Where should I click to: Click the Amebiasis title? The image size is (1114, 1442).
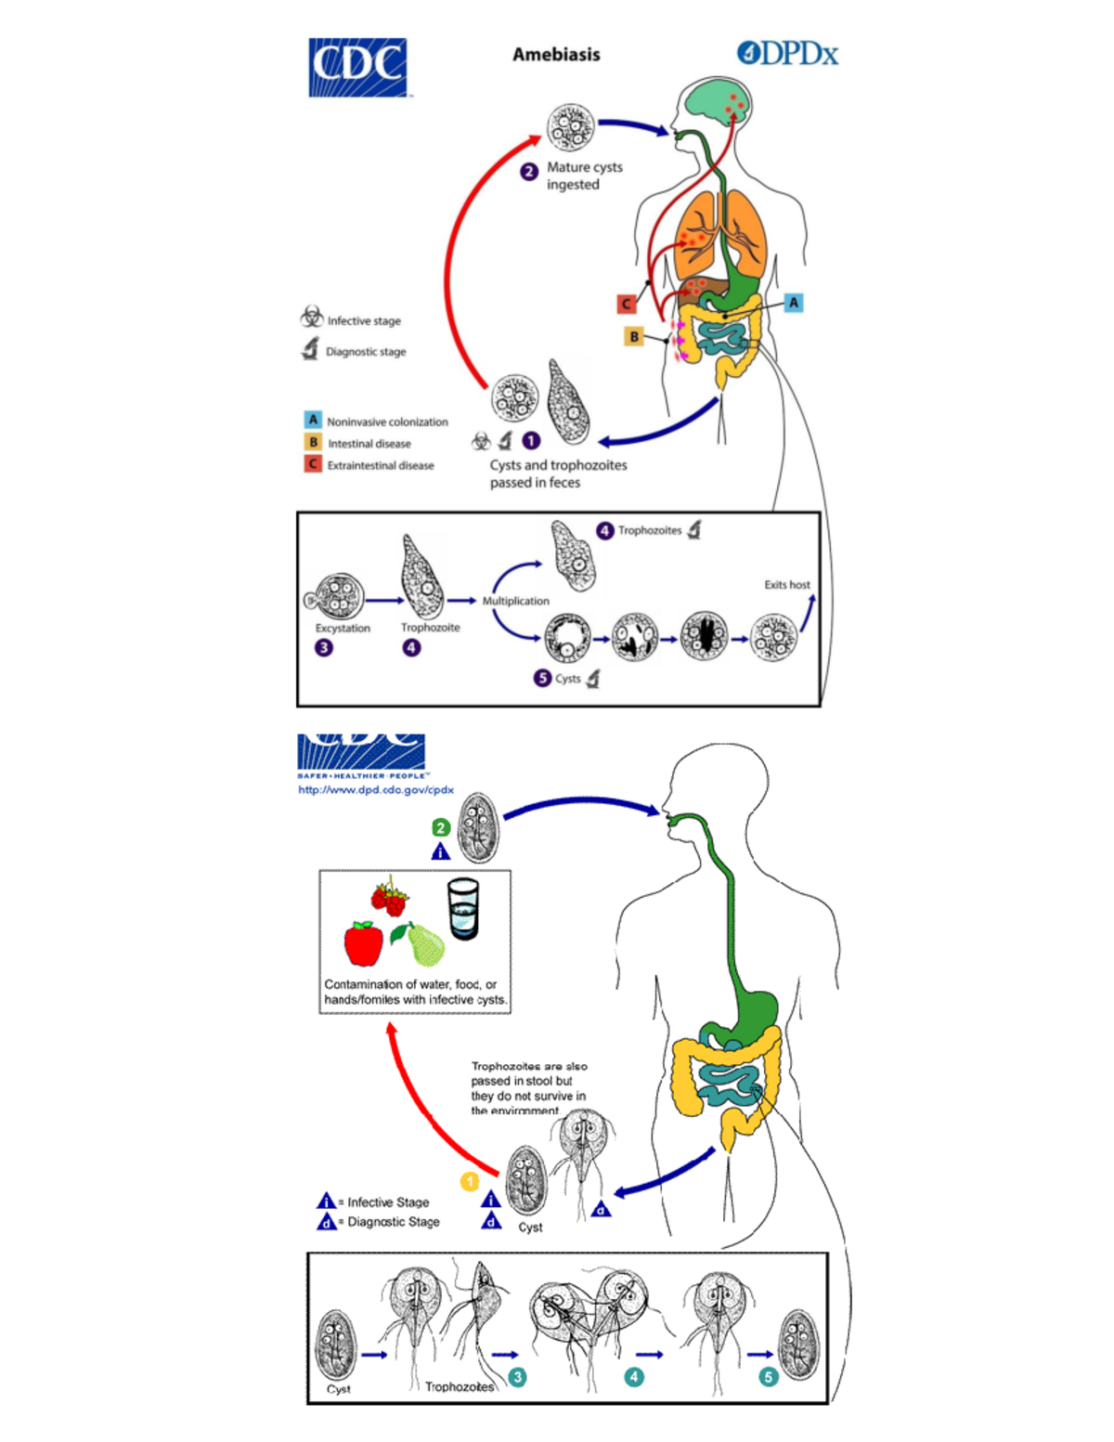[556, 55]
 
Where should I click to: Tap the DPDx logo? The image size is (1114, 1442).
[787, 54]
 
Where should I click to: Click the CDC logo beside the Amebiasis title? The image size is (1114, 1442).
[357, 67]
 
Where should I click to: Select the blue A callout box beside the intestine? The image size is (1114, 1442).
[793, 303]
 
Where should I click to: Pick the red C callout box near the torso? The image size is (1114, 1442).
[627, 304]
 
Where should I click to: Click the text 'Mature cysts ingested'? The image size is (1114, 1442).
[584, 175]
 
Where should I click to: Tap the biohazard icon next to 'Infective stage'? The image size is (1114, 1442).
[312, 317]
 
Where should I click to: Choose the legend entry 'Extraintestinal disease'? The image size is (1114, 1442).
[380, 465]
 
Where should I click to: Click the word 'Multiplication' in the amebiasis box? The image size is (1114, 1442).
[515, 601]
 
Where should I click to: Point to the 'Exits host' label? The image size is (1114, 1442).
[786, 585]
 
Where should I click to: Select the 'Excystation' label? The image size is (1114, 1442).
[343, 629]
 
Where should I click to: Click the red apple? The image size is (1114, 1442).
[364, 943]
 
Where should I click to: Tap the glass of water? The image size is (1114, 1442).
[463, 909]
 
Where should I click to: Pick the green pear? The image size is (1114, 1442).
[425, 944]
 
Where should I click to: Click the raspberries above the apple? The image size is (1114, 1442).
[390, 899]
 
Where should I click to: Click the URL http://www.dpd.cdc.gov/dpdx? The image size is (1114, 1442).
[375, 790]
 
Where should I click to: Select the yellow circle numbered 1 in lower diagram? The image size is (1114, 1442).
[470, 1182]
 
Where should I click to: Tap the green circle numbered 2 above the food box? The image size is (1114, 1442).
[441, 827]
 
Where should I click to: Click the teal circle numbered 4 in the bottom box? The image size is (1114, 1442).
[634, 1377]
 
